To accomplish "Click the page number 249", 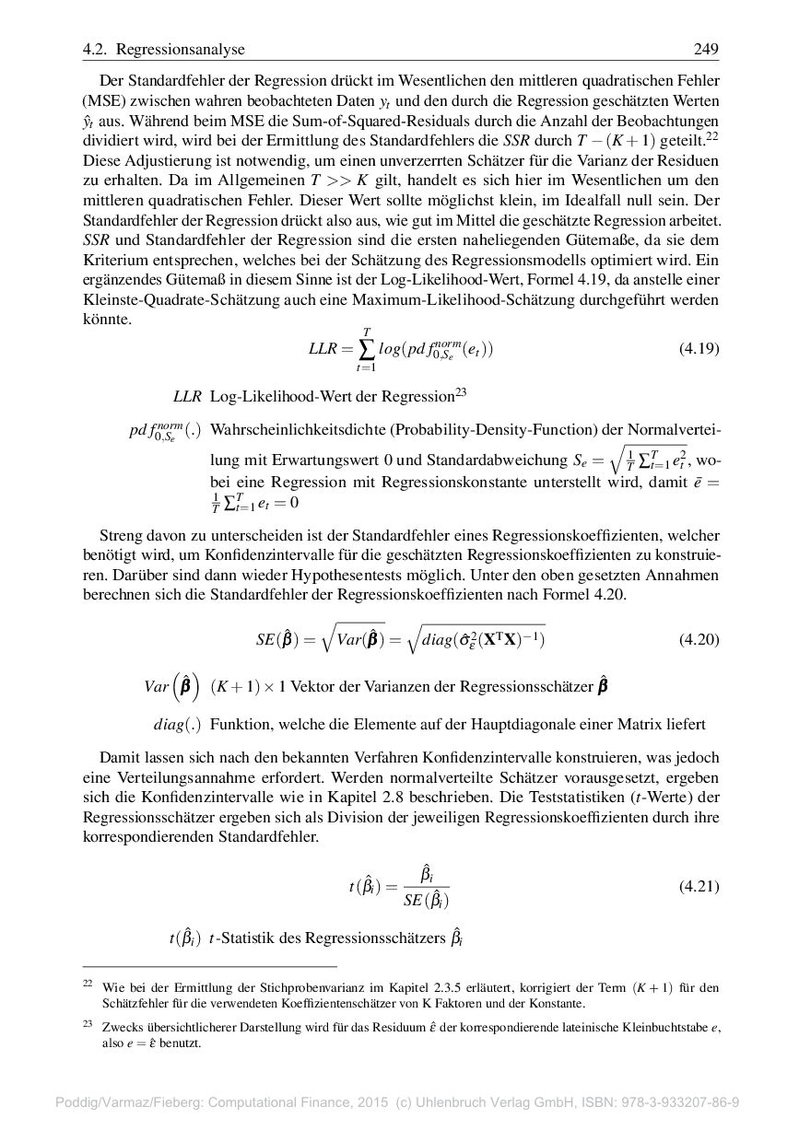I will point(706,49).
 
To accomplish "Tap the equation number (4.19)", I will point(698,348).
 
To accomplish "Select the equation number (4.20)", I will point(698,638).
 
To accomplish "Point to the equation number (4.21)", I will point(698,886).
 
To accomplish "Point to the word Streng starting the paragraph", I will point(120,535).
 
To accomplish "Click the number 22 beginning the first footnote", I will point(88,984).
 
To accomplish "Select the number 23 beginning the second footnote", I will point(88,1023).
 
